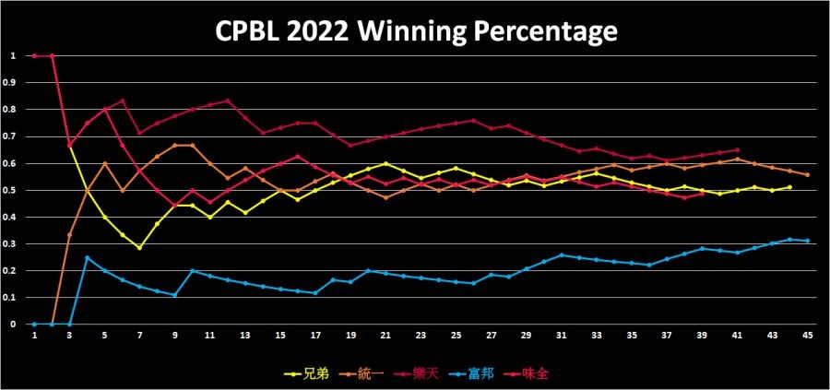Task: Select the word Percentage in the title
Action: click(541, 34)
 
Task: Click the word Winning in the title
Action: click(417, 34)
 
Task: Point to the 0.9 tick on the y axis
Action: click(12, 82)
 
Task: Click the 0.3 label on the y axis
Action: click(12, 243)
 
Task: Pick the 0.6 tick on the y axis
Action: click(12, 163)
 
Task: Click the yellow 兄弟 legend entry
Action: click(310, 374)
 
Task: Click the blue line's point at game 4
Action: click(87, 257)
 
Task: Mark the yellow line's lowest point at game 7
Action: click(139, 247)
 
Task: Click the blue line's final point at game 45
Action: click(808, 241)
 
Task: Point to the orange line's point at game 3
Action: click(69, 235)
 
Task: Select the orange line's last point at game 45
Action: click(808, 175)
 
